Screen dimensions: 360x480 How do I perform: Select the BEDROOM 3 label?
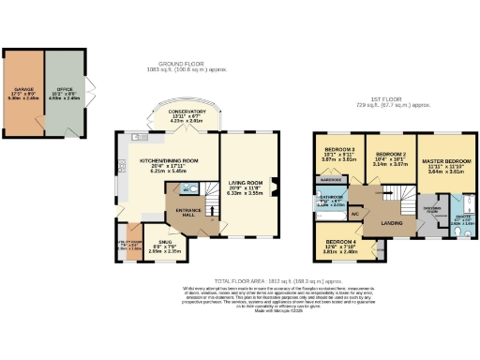point(338,149)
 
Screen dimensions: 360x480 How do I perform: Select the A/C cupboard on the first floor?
point(355,213)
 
